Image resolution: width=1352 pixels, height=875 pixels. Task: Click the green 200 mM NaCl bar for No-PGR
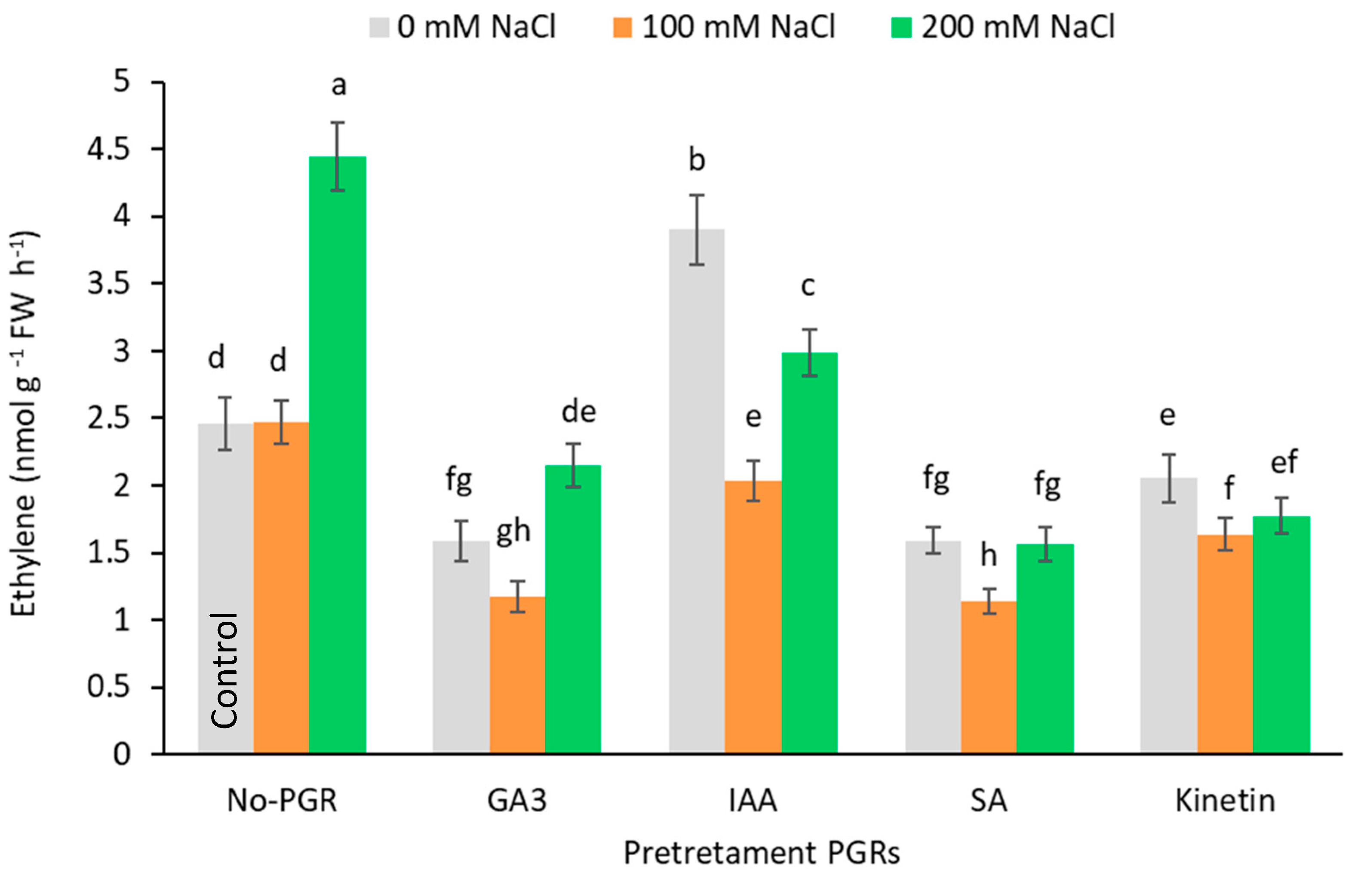[338, 454]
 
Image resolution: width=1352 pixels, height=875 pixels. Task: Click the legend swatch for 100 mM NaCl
[623, 27]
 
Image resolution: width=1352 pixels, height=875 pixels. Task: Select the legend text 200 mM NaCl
[1018, 27]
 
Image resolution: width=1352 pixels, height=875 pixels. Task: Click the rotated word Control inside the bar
[224, 670]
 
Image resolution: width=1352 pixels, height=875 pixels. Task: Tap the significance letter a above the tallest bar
[338, 85]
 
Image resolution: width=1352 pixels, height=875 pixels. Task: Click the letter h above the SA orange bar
[989, 555]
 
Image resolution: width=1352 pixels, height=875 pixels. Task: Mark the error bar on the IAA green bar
[809, 352]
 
